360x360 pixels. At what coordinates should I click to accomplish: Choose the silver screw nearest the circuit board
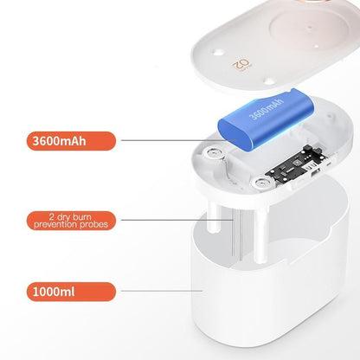point(260,182)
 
